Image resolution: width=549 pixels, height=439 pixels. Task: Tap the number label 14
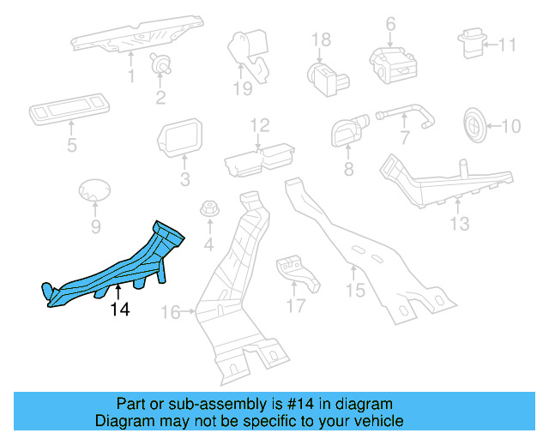coord(120,310)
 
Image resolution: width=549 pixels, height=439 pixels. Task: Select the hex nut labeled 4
coord(208,210)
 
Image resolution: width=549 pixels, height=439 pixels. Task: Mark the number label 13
coord(460,224)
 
